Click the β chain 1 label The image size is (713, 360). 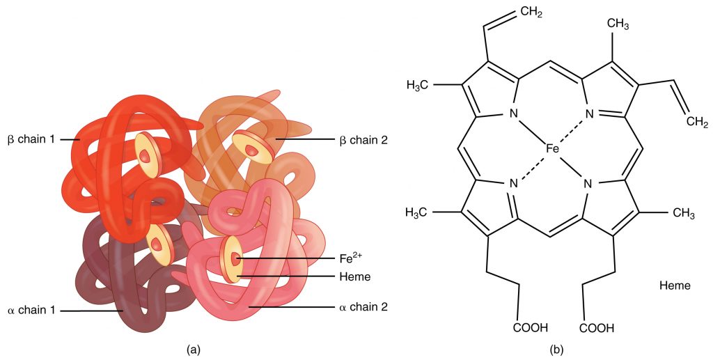coord(33,139)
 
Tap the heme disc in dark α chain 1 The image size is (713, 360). coord(159,244)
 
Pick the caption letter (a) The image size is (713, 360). coord(191,350)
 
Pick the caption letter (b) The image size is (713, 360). coord(556,350)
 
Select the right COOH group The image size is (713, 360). coord(596,327)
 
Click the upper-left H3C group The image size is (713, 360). coord(421,86)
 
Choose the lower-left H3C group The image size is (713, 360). coord(421,212)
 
